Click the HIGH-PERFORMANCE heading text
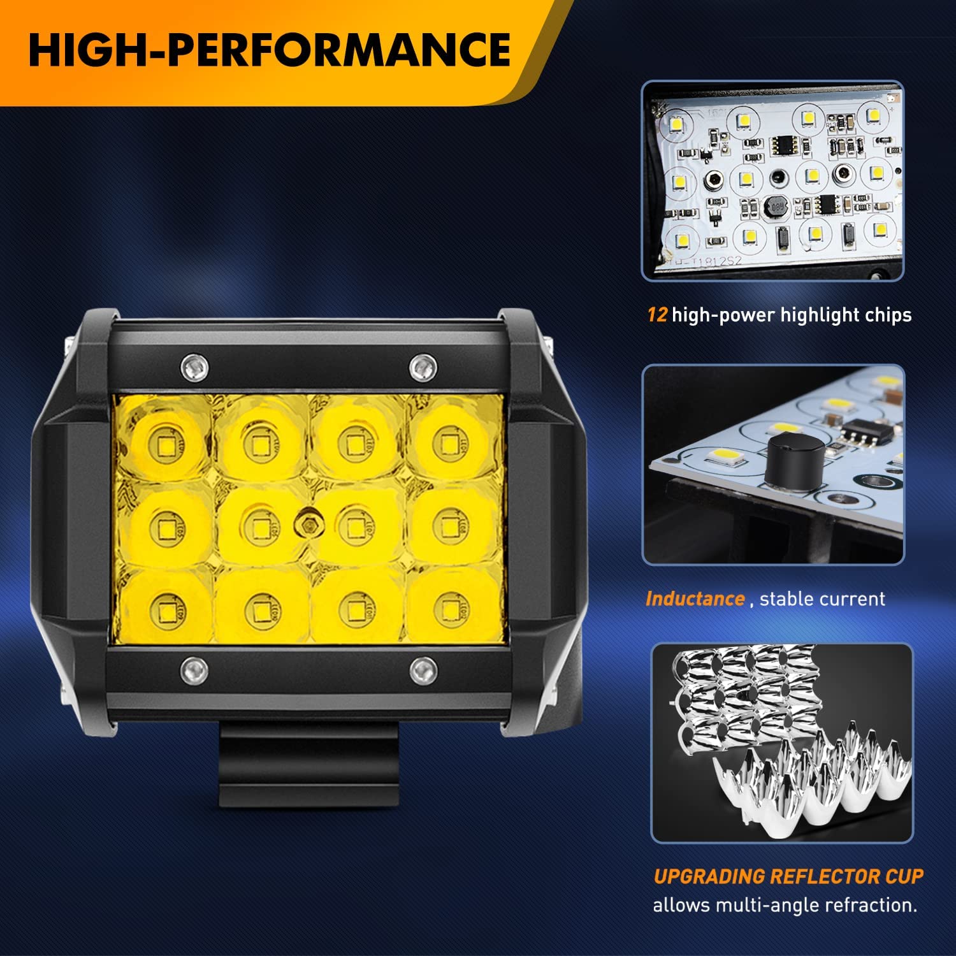270,51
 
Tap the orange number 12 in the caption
657,315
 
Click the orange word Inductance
695,599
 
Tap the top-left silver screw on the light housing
194,366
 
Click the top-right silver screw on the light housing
423,366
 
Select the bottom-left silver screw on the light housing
194,669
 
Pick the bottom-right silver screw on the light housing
423,670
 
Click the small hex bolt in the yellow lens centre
308,524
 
